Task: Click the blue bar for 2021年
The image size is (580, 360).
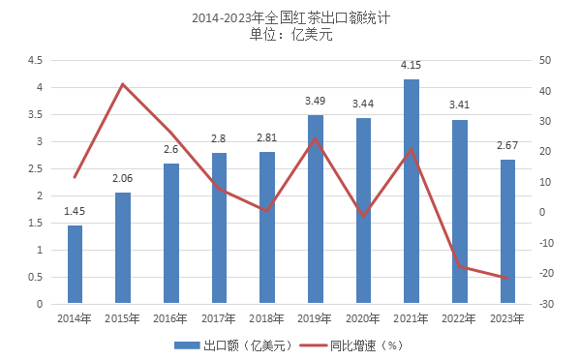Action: pyautogui.click(x=412, y=192)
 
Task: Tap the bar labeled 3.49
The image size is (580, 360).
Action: pyautogui.click(x=315, y=209)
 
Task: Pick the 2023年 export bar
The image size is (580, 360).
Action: pyautogui.click(x=507, y=231)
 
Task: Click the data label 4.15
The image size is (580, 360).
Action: pyautogui.click(x=412, y=65)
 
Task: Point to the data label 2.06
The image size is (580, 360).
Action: pyautogui.click(x=122, y=178)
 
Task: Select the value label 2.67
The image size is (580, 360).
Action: pyautogui.click(x=507, y=145)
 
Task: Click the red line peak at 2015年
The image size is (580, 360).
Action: pyautogui.click(x=123, y=84)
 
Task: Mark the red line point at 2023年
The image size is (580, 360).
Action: pyautogui.click(x=507, y=278)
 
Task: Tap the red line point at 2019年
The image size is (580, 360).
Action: pyautogui.click(x=315, y=138)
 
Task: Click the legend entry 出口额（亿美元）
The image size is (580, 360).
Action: pyautogui.click(x=232, y=345)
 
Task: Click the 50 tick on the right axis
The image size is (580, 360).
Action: pyautogui.click(x=546, y=60)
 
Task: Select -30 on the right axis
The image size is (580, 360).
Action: pyautogui.click(x=547, y=304)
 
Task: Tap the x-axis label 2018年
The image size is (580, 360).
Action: pyautogui.click(x=266, y=318)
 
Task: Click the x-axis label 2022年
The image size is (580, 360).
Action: pyautogui.click(x=459, y=318)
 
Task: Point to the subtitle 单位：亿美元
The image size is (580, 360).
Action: pyautogui.click(x=290, y=36)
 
